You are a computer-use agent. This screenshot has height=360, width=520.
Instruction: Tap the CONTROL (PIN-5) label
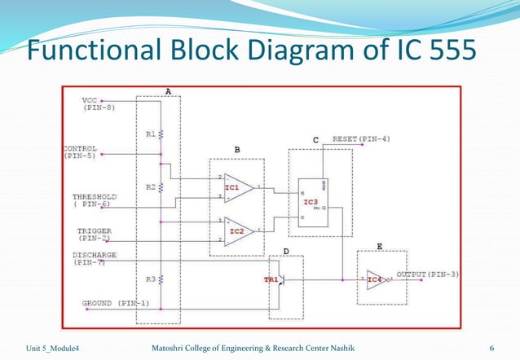pos(79,152)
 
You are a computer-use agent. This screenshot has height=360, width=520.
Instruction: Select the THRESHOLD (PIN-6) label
pos(94,200)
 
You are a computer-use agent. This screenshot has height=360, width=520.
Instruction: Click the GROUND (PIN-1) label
pos(115,304)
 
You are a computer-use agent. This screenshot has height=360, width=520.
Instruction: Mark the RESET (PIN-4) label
pos(361,139)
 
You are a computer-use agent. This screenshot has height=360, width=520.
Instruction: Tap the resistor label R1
pos(150,133)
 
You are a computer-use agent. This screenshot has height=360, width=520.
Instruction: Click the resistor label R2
pos(151,187)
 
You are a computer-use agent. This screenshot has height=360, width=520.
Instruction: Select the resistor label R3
pos(151,279)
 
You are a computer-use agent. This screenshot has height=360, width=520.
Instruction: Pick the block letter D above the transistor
pos(285,250)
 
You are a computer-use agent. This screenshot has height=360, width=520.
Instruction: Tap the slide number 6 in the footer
pos(491,349)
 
